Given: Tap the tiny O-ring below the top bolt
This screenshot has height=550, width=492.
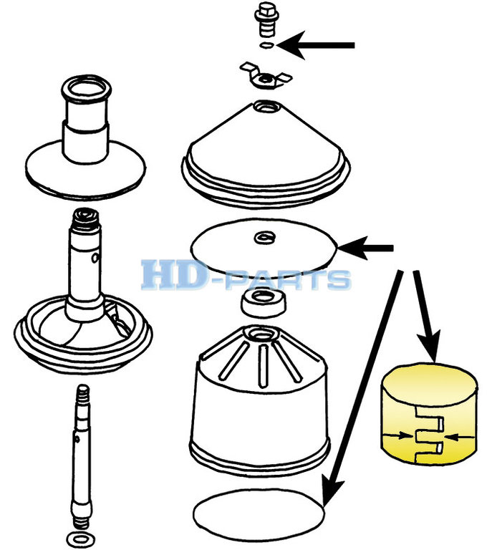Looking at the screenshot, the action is point(266,44).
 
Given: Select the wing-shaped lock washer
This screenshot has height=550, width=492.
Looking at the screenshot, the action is point(266,77).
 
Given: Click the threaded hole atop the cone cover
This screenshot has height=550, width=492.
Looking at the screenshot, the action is point(266,106).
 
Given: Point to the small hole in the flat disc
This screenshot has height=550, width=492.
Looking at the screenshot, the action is point(264,237).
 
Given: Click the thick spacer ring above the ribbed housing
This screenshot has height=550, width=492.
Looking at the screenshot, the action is point(264,302).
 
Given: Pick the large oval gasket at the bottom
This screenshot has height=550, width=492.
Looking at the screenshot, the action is point(259,514).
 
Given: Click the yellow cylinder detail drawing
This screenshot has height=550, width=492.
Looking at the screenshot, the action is point(429,413).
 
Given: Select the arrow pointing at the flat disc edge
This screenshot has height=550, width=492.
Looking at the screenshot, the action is point(365,249).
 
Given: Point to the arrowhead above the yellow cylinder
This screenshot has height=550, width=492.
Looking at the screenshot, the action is point(430,345).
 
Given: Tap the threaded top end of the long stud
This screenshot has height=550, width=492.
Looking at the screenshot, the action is point(83,394).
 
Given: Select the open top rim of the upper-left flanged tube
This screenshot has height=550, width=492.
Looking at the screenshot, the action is point(86,87).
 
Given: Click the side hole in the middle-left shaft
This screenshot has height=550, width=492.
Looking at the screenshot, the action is point(95,258).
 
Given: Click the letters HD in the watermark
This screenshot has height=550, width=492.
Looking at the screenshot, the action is point(172,274).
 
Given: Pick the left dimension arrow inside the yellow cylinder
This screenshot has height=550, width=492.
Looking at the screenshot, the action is point(397,435).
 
